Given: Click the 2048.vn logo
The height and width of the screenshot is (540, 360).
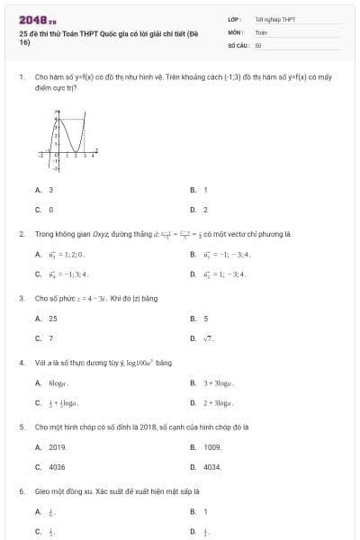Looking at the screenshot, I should coord(38,20).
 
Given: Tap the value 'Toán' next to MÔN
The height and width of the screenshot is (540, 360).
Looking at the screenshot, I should coord(261,31).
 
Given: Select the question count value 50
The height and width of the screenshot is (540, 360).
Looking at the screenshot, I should coord(258,44).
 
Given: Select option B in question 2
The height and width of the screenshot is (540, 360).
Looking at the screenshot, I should coord(220,254).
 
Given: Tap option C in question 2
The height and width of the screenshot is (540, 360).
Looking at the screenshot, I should coord(67,274).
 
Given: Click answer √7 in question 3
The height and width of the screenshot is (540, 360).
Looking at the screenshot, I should coord(208,338).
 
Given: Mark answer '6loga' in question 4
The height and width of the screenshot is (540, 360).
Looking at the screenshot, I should coord(58,383).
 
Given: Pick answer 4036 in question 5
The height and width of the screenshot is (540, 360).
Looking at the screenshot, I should coord(57,467).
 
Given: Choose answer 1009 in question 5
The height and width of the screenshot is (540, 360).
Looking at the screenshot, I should coord(212,447).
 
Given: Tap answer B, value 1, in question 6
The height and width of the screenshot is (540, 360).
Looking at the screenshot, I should coord(205,512).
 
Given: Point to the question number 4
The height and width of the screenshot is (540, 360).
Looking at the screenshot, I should coord(21,363).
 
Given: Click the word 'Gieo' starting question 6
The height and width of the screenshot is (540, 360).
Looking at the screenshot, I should coord(41,492).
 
